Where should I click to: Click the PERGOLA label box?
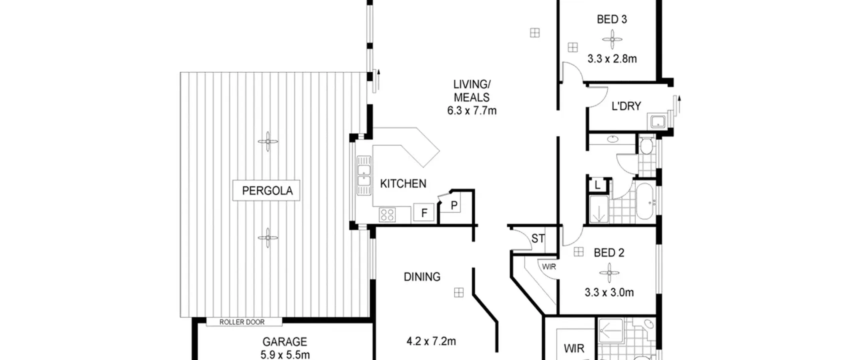(266, 191)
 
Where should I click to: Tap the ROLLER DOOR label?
(242, 322)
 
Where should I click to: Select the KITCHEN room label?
(403, 184)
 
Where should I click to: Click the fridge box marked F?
(424, 212)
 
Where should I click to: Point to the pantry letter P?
(454, 205)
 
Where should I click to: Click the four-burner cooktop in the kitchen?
(387, 215)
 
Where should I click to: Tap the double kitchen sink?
(364, 175)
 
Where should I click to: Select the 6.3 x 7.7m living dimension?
(472, 111)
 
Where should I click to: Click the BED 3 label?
(612, 19)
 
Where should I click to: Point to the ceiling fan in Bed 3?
(612, 40)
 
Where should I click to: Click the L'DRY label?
(626, 106)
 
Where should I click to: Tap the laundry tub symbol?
(657, 121)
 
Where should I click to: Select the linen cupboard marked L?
(598, 185)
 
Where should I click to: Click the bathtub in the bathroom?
(646, 201)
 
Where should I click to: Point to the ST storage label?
(538, 239)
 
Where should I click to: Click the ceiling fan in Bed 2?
(609, 273)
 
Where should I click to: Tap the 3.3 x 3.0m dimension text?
(609, 293)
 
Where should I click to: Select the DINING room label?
(422, 277)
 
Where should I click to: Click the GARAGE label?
(285, 342)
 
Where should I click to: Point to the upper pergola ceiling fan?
(268, 142)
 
